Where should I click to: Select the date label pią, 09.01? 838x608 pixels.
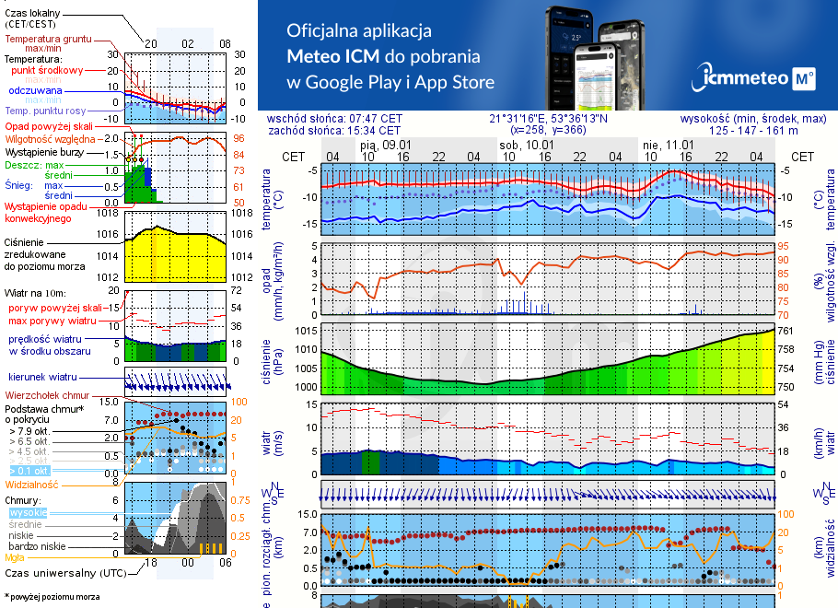coord(385,146)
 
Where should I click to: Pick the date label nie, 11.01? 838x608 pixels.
coord(667,146)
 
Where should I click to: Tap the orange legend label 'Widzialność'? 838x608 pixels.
coord(32,484)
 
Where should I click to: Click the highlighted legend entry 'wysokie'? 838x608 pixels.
coord(27,512)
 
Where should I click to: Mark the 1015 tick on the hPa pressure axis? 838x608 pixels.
coord(307,330)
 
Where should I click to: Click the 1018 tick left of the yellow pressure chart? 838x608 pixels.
coord(109,213)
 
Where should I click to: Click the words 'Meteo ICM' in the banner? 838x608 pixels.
coord(331,55)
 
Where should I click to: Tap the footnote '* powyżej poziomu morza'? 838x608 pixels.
coord(52,597)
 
